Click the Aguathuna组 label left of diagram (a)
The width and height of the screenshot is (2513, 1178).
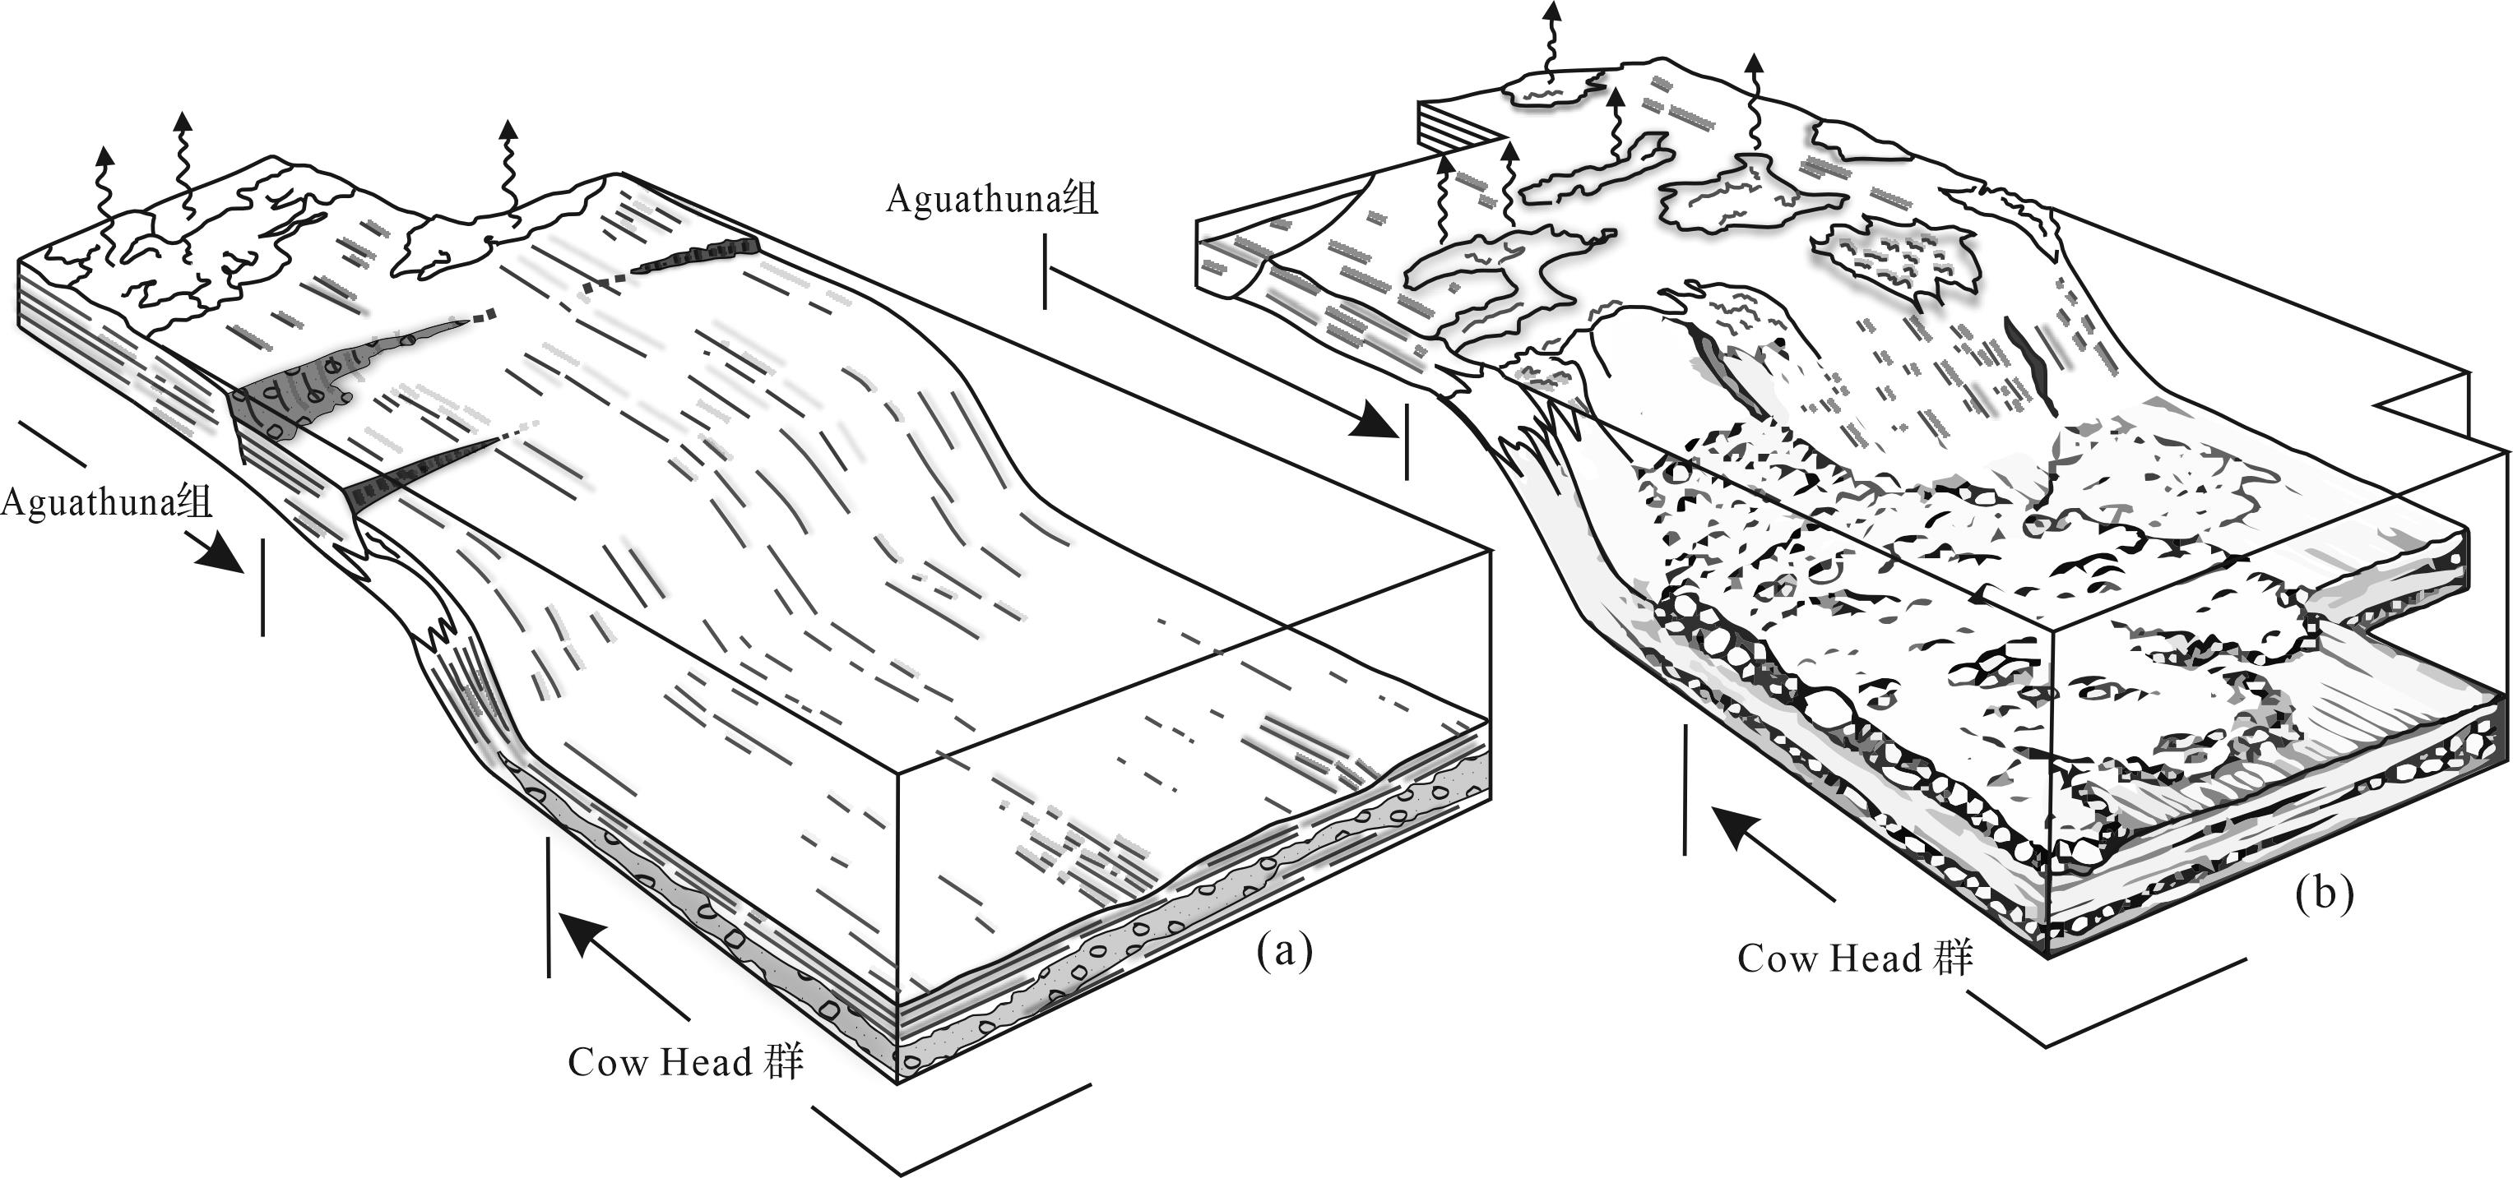[105, 503]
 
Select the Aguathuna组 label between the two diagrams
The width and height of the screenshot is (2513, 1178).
[991, 199]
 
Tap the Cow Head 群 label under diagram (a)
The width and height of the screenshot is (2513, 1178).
[685, 1061]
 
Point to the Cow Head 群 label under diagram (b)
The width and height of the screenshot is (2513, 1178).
[1854, 958]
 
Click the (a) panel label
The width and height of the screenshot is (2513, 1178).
[1285, 949]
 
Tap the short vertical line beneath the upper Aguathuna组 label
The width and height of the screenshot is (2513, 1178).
[1045, 271]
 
